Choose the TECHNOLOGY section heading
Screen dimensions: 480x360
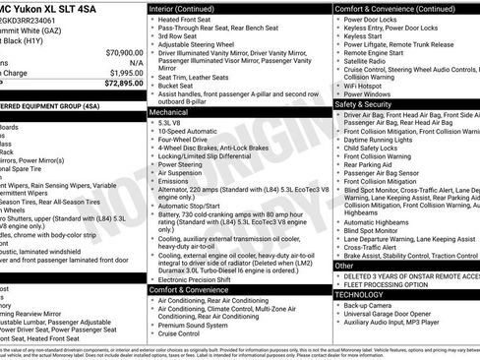[x=359, y=293]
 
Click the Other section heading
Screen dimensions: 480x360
[x=344, y=266]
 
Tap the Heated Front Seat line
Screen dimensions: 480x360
[x=190, y=20]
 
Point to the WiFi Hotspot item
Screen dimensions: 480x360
[x=368, y=85]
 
